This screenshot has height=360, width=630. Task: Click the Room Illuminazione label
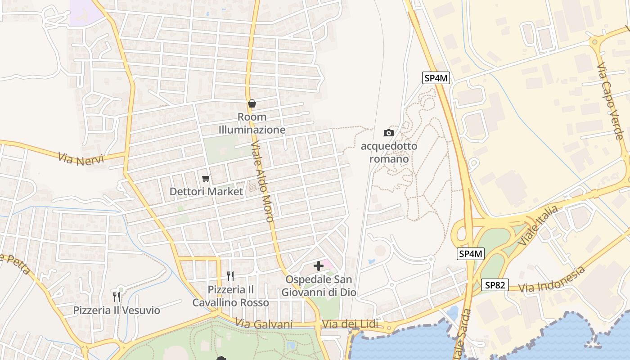point(252,123)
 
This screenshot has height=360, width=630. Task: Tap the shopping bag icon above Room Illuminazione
point(252,104)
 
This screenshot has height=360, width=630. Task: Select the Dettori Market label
point(206,191)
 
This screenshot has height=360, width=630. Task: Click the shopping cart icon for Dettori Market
point(206,179)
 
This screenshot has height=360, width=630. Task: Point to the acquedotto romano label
point(389,153)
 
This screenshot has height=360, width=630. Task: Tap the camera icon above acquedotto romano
point(388,133)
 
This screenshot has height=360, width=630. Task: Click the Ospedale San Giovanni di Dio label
point(319,286)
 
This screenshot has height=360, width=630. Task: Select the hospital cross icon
point(319,266)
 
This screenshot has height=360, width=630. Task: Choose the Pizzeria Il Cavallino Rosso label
point(230,296)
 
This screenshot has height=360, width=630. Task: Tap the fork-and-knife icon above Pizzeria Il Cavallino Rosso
point(230,276)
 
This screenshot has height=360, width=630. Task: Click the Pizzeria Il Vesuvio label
point(117,310)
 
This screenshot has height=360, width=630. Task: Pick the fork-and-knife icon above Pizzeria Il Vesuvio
point(117,297)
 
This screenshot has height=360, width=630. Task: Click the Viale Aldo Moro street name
point(263,182)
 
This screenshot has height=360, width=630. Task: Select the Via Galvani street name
point(264,324)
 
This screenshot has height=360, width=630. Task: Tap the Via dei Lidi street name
point(350,324)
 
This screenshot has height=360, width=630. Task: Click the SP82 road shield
point(495,285)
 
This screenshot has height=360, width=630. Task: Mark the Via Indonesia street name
point(552,279)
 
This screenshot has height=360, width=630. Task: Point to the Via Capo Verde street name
point(610,101)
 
